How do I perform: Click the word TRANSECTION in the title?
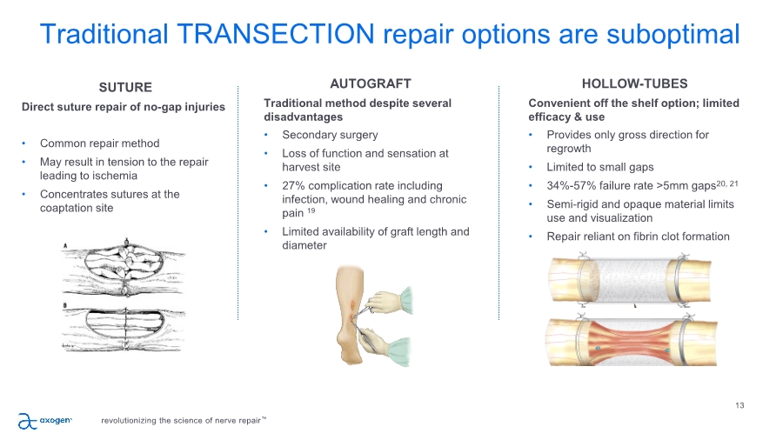pyautogui.click(x=276, y=34)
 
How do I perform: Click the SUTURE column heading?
pyautogui.click(x=125, y=87)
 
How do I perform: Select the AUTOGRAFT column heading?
pyautogui.click(x=371, y=83)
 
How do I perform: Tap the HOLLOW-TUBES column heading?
pyautogui.click(x=635, y=83)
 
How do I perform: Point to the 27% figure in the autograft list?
pyautogui.click(x=293, y=185)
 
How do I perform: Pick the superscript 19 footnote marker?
pyautogui.click(x=311, y=210)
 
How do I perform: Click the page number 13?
pyautogui.click(x=739, y=405)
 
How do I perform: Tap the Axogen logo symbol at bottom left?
pyautogui.click(x=28, y=421)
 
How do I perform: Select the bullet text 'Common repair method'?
pyautogui.click(x=100, y=143)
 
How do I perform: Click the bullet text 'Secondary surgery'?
pyautogui.click(x=330, y=135)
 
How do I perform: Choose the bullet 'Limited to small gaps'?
pyautogui.click(x=600, y=167)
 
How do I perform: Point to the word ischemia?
pyautogui.click(x=117, y=176)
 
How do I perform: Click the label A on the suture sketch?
pyautogui.click(x=65, y=245)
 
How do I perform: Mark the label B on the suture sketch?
pyautogui.click(x=65, y=305)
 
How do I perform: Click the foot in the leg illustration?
pyautogui.click(x=349, y=350)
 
